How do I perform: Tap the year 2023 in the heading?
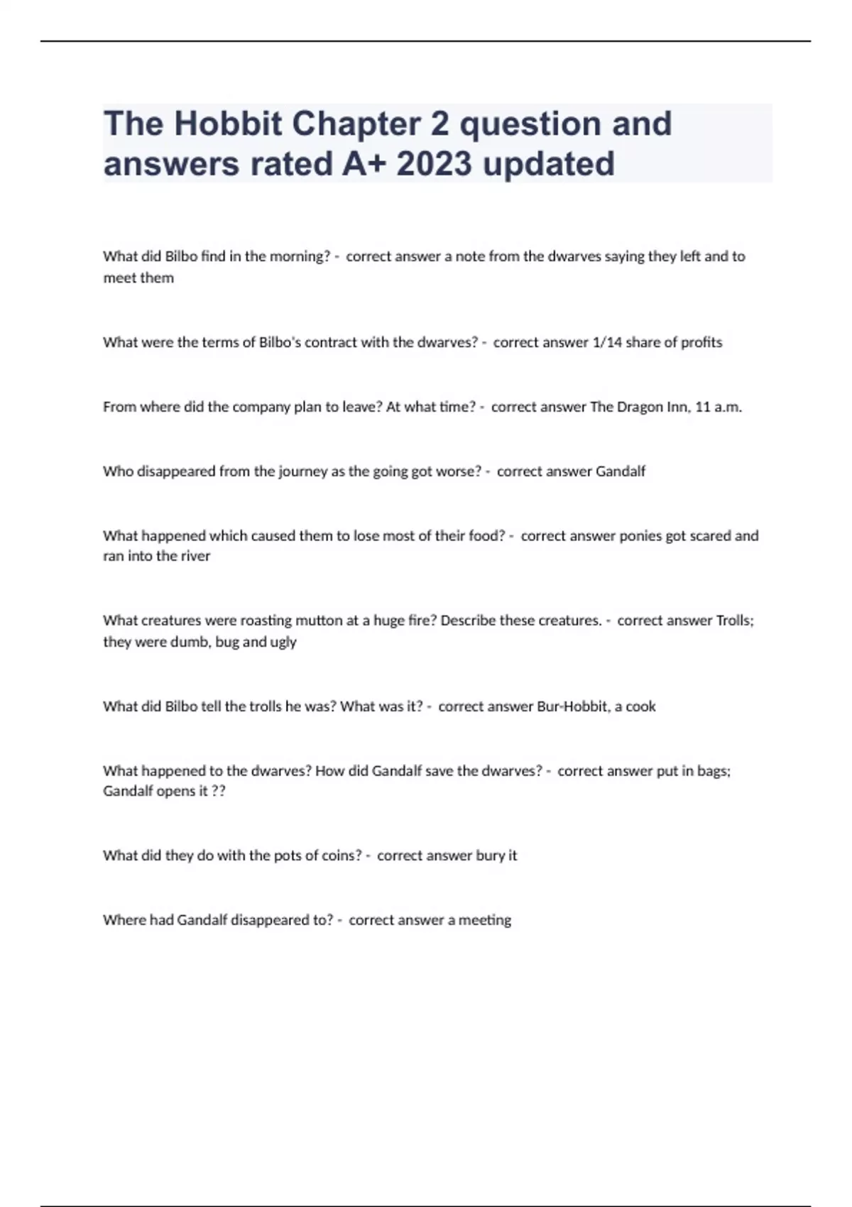435,163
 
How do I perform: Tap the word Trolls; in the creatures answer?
735,620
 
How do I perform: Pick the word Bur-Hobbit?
564,706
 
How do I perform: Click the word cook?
640,706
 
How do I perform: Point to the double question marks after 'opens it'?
219,791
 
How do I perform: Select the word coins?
342,855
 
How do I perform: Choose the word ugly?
283,641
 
